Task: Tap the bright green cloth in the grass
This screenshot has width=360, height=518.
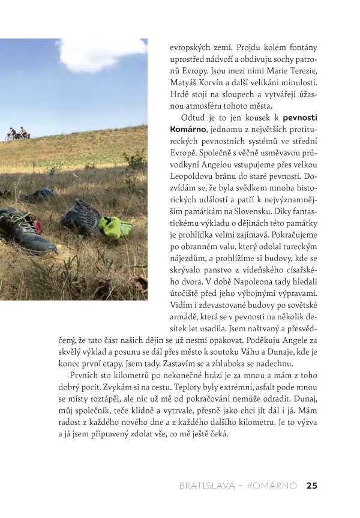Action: pyautogui.click(x=115, y=227)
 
